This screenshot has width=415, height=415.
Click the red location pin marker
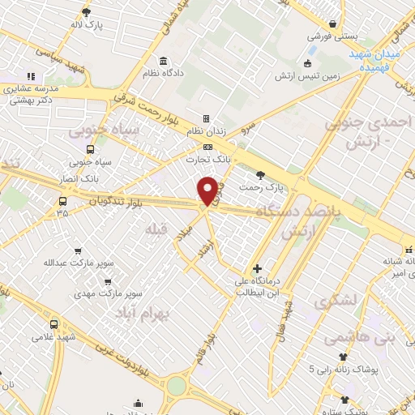(207, 190)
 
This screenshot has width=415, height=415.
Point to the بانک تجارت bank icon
(208, 147)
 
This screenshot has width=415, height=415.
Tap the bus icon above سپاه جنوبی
(89, 149)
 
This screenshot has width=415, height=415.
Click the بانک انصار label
(79, 177)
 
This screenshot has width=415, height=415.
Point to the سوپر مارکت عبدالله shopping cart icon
(78, 251)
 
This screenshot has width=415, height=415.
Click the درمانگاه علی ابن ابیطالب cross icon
(257, 268)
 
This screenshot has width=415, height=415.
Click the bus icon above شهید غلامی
(54, 324)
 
